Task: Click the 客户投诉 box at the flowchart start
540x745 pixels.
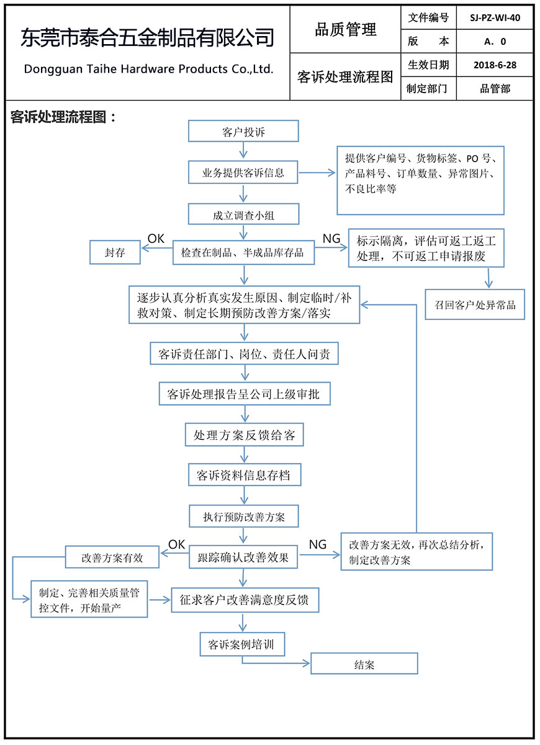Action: point(244,132)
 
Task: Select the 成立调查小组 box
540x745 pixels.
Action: point(244,216)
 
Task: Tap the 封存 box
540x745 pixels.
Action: point(115,253)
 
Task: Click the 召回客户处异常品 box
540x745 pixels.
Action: point(475,305)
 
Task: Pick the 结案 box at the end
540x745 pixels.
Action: point(364,665)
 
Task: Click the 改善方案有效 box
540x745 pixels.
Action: point(112,558)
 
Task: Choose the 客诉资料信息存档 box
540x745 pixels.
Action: point(244,476)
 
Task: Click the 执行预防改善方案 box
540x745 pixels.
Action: point(244,516)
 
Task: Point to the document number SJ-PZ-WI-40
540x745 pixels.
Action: point(495,18)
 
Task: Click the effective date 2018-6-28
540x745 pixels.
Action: point(495,65)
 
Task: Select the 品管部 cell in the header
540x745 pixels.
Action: point(495,88)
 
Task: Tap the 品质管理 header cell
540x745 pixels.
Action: point(346,30)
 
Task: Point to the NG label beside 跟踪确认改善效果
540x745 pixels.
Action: point(317,544)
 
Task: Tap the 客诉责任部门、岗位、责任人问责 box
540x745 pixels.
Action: point(244,355)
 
